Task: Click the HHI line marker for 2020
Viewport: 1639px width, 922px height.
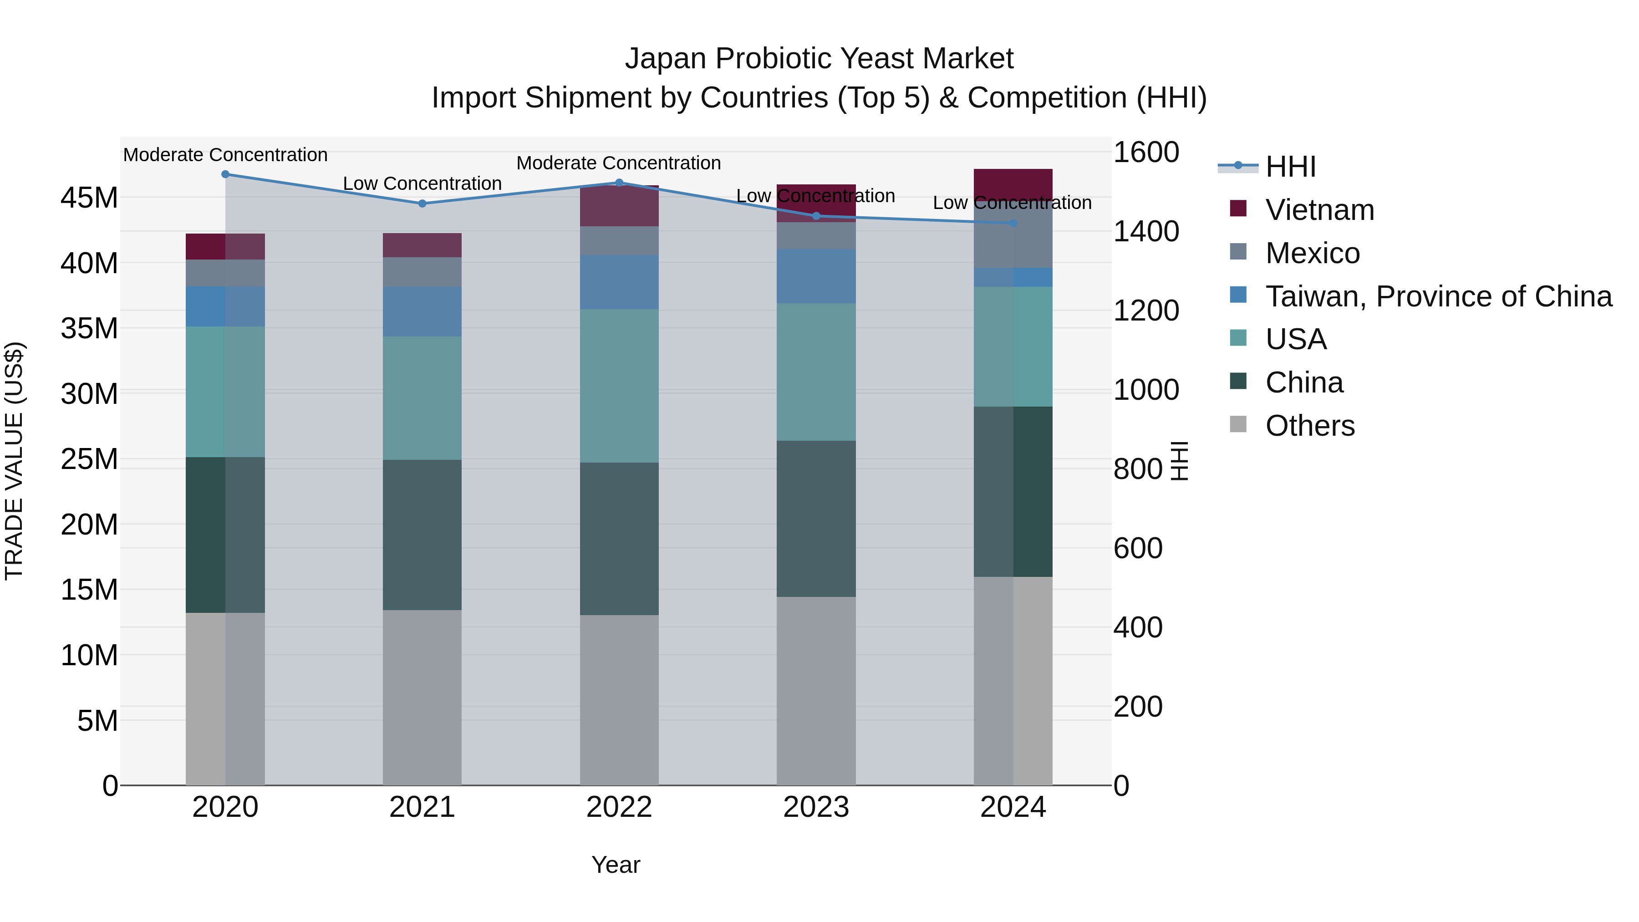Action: [225, 174]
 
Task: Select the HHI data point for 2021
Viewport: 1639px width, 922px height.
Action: [422, 204]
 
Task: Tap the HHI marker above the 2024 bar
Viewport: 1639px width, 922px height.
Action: [1013, 224]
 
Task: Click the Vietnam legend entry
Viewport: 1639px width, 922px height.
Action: [1319, 210]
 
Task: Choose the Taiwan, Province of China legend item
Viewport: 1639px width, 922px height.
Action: [1438, 296]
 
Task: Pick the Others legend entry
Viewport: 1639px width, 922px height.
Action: [1309, 426]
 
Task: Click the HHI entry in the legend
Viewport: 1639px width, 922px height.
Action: [1290, 167]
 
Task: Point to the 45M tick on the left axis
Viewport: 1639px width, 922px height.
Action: [89, 198]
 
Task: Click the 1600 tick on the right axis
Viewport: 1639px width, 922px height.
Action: [1146, 153]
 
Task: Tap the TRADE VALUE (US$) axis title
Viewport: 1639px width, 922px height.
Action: [14, 461]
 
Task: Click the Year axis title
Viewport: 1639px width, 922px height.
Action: [615, 865]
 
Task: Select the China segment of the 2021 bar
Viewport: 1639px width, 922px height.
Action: [422, 535]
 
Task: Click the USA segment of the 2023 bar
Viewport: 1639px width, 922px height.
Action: [816, 372]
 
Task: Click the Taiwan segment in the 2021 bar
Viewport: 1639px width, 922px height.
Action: [422, 312]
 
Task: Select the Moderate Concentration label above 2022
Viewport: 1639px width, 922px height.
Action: [618, 163]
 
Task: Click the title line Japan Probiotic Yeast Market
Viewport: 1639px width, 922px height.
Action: [819, 59]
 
